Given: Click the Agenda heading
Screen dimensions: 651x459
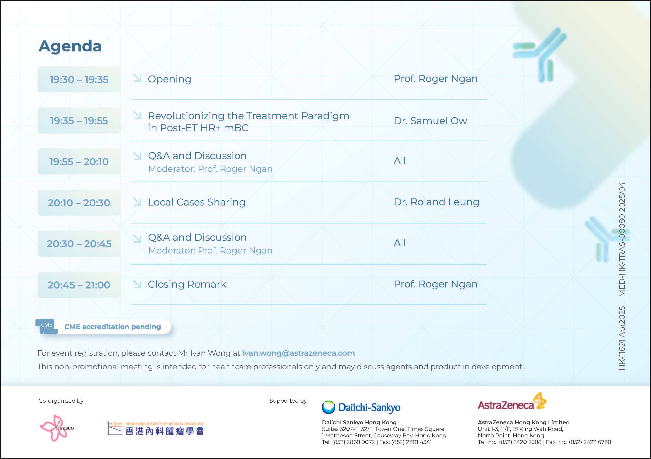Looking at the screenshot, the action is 70,46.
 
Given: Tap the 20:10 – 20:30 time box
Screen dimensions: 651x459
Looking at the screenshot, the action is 79,203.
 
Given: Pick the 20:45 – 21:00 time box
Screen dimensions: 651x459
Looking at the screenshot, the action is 79,285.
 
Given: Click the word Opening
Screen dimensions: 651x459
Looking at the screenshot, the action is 169,79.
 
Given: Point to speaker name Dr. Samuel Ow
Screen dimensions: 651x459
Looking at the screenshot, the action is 430,121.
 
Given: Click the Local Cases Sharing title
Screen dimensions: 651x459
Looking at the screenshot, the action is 197,202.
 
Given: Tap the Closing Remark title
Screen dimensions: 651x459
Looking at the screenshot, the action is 187,284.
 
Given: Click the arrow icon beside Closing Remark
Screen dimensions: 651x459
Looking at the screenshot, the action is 137,284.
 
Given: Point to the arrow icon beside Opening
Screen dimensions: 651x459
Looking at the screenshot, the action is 137,78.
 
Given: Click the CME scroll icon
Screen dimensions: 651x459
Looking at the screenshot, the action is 47,327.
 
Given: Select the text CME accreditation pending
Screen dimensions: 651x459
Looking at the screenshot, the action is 113,327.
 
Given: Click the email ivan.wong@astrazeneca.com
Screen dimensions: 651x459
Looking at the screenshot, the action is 298,353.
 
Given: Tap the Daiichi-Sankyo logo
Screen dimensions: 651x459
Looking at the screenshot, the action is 361,407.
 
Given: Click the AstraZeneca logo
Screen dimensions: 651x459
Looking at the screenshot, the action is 512,402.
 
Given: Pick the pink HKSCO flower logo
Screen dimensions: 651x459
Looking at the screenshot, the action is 56,428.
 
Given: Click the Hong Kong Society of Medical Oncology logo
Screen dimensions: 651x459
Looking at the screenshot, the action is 156,429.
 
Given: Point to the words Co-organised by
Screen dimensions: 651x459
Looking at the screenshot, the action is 61,401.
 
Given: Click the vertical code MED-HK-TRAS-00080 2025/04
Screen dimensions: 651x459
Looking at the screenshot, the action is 622,239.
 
